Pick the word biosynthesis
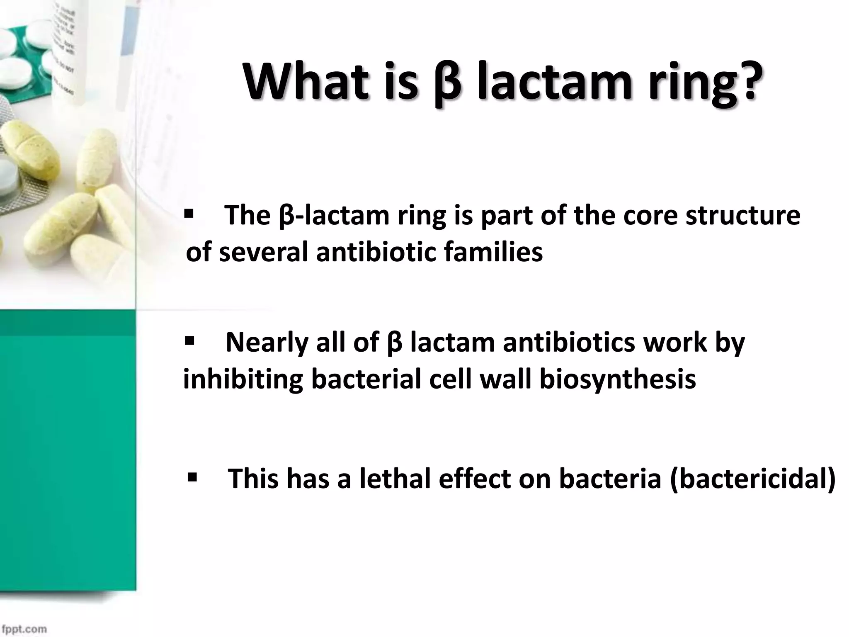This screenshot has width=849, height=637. point(617,379)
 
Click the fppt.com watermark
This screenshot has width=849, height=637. point(24,629)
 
